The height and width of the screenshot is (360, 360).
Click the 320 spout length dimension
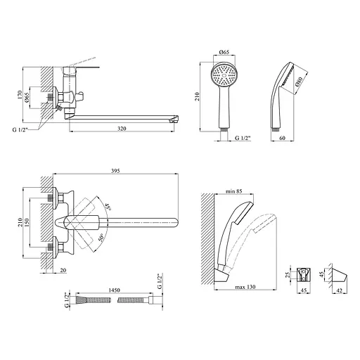122,129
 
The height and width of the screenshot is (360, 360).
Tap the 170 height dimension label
20,95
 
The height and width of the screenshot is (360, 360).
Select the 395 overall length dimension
115,171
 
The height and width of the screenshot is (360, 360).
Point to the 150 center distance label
27,222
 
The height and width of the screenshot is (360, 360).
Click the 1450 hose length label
114,290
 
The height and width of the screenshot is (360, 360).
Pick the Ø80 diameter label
299,82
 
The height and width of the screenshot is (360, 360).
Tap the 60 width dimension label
283,138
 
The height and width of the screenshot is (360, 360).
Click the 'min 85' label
233,191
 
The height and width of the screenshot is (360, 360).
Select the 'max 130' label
245,287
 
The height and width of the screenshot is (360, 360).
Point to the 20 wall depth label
63,270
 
